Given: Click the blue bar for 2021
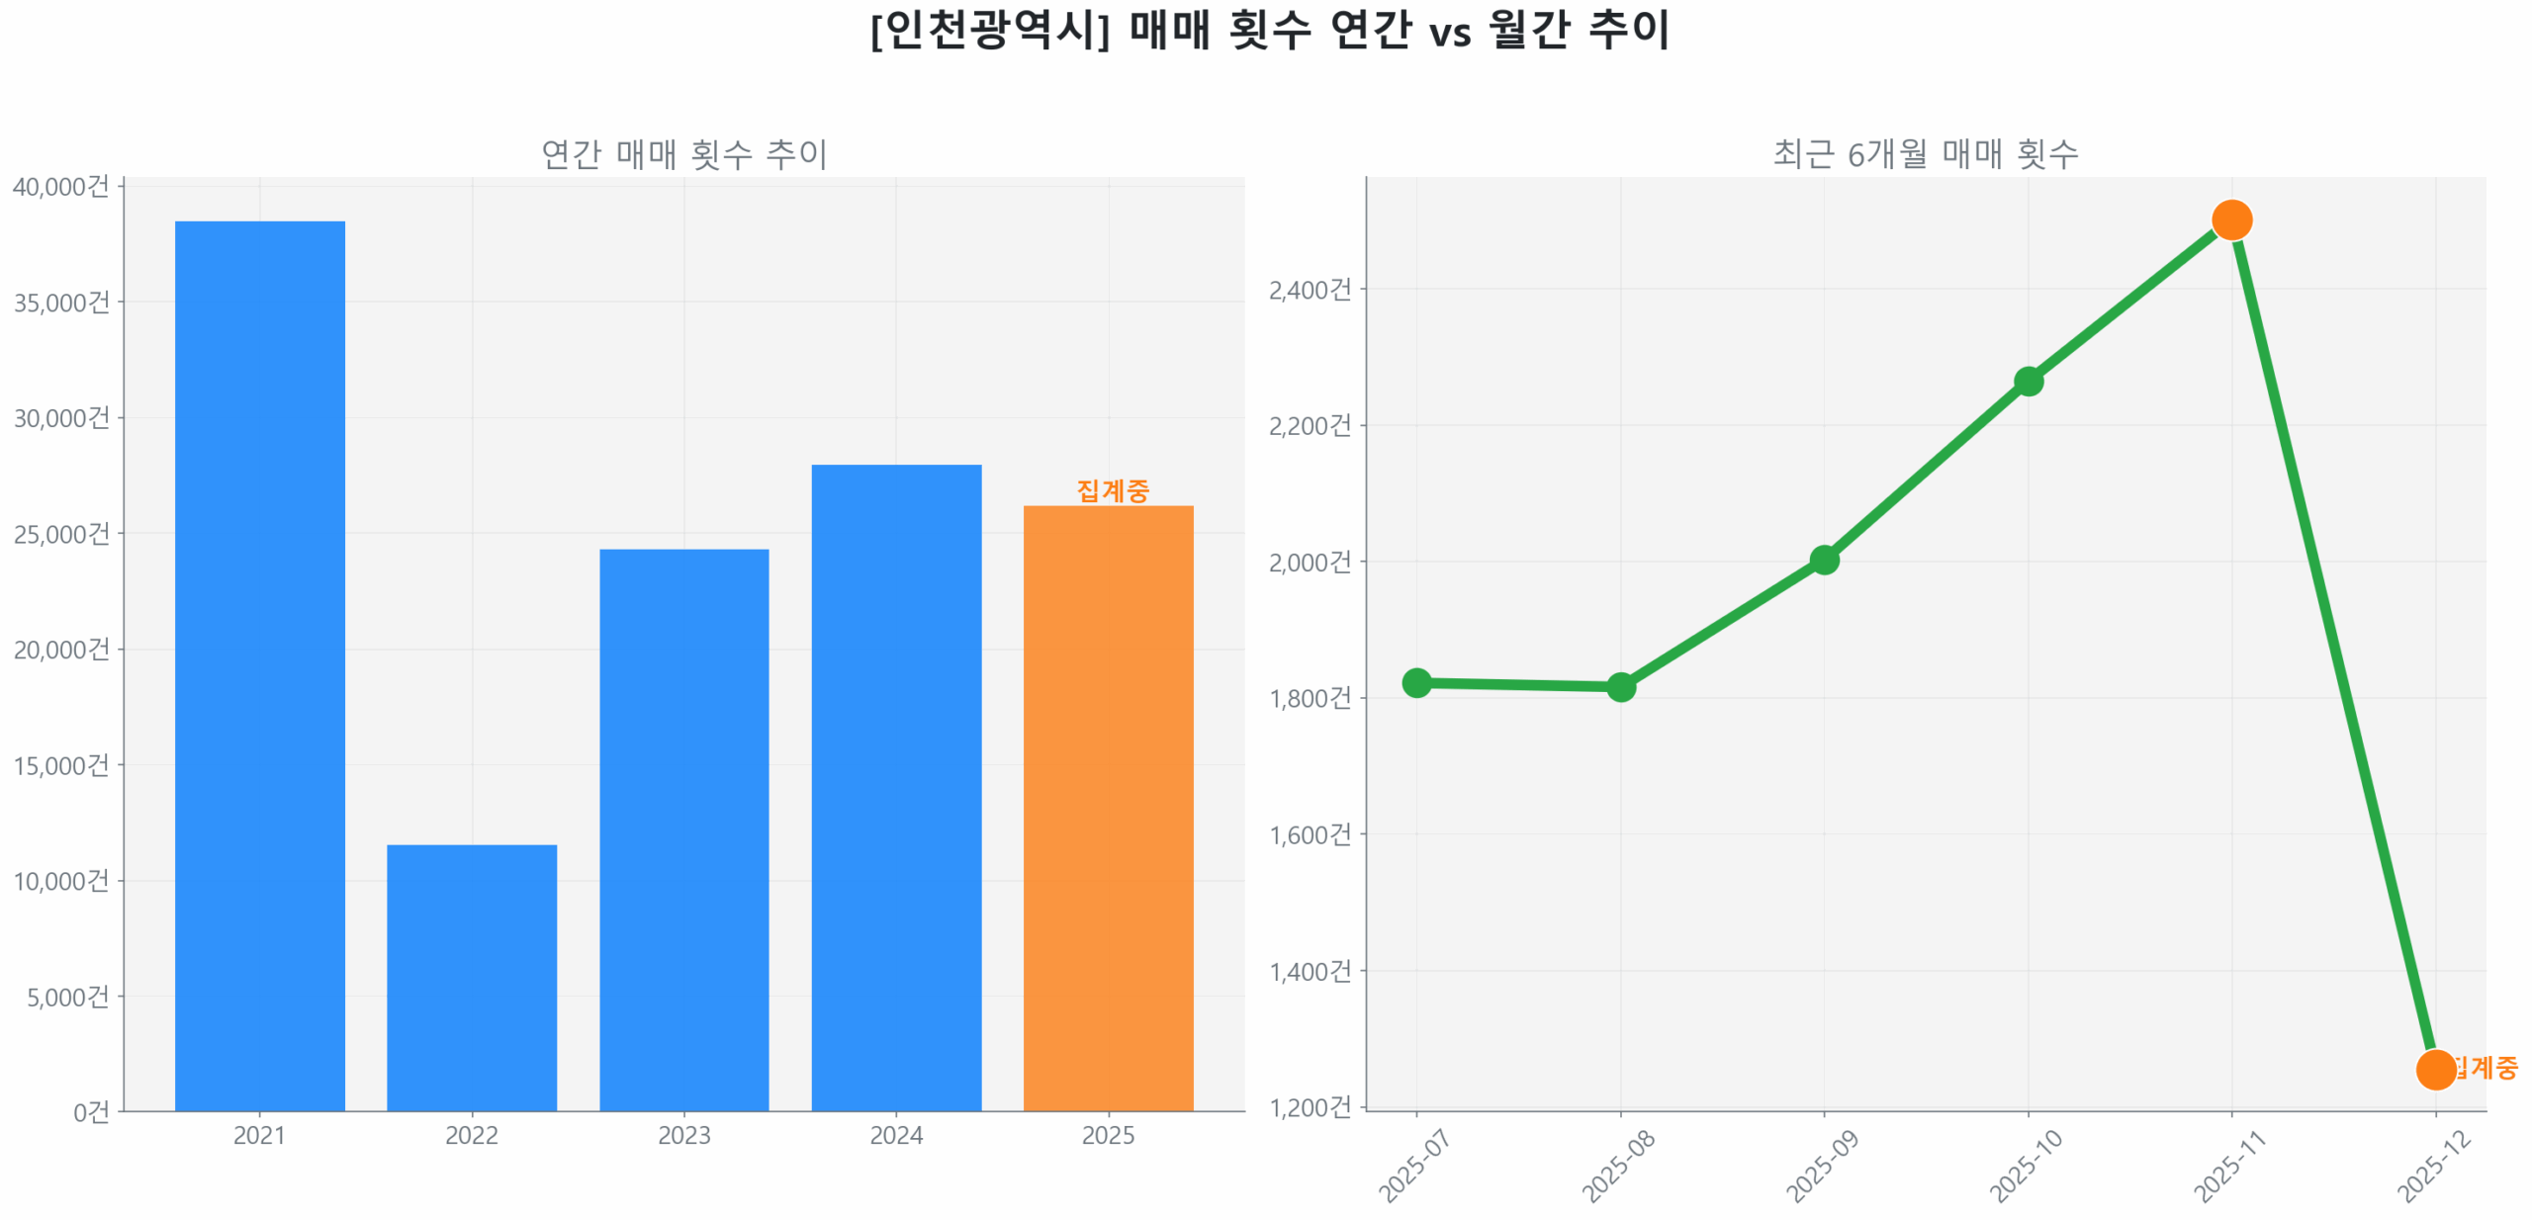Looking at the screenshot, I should point(259,662).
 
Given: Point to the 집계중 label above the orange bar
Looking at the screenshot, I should point(1112,489).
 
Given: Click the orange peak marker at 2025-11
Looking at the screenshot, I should point(2230,219).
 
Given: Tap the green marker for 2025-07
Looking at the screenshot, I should point(1415,681).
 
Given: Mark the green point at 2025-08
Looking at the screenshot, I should point(1619,685).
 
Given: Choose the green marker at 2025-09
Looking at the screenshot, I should point(1823,559).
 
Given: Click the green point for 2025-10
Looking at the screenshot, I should point(2027,381).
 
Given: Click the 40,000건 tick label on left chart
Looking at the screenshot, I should point(60,186).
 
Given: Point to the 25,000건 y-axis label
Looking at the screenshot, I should point(60,533).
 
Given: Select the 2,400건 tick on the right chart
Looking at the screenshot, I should point(1309,289).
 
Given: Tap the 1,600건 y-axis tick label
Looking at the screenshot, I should point(1309,833).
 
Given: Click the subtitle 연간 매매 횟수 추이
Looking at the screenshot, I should point(683,154).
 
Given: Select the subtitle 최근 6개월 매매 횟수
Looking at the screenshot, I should point(1924,154).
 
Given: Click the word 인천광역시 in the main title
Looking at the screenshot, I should point(989,30).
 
